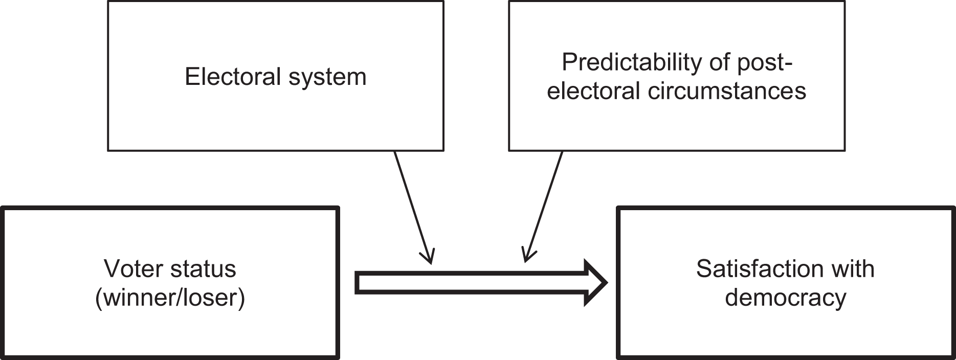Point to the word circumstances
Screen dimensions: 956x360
[726, 92]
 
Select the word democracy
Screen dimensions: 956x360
[785, 298]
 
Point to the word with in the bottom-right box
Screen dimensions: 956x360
[853, 269]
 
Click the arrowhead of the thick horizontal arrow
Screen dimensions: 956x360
[596, 283]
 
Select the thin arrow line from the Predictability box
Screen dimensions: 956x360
[544, 207]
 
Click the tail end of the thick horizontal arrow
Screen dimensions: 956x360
[356, 283]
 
